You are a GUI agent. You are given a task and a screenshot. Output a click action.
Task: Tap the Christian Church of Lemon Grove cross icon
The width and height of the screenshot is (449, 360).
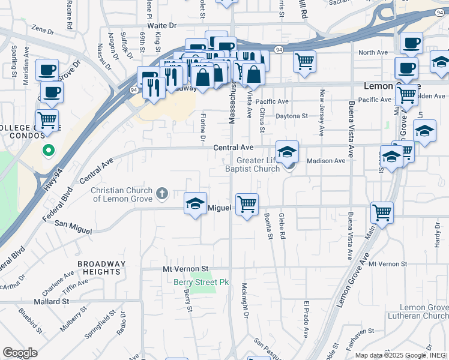coord(161,193)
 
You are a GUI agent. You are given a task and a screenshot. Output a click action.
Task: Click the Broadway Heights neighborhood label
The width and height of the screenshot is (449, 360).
coord(102,268)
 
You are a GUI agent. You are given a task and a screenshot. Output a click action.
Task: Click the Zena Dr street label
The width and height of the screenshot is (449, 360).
coord(43,28)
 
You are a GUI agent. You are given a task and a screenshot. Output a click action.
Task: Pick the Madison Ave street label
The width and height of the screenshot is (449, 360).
coord(326,161)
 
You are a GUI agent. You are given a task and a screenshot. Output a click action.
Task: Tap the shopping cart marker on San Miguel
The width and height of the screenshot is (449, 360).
coord(247,205)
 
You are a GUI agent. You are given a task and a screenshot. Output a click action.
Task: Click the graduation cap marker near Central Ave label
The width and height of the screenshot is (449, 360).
coord(287,151)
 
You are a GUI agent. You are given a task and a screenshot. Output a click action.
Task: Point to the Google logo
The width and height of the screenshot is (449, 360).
coord(20,353)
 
